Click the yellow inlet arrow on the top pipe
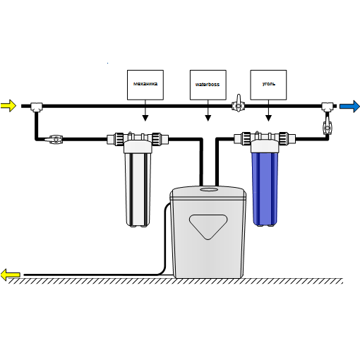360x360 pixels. click(x=8, y=106)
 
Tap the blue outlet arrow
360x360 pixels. click(x=349, y=107)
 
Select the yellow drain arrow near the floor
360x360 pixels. click(x=10, y=275)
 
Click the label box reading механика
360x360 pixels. click(x=145, y=85)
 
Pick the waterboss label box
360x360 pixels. click(x=208, y=85)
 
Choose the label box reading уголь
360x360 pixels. click(x=268, y=85)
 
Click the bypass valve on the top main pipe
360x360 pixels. click(x=239, y=104)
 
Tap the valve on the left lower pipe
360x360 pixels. click(x=54, y=140)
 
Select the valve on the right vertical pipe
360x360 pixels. click(x=327, y=126)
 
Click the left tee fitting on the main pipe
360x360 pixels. click(x=37, y=107)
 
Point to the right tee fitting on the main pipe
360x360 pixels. click(x=328, y=107)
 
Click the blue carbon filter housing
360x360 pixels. click(x=265, y=189)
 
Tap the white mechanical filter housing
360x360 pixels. click(x=138, y=189)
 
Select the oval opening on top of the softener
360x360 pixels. click(x=209, y=189)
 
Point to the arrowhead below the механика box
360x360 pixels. click(x=145, y=118)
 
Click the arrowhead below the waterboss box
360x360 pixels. click(x=208, y=118)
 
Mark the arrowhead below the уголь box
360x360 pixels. click(x=268, y=118)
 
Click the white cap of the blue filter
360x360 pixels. click(x=265, y=146)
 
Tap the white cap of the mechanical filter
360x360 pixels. click(x=138, y=147)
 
